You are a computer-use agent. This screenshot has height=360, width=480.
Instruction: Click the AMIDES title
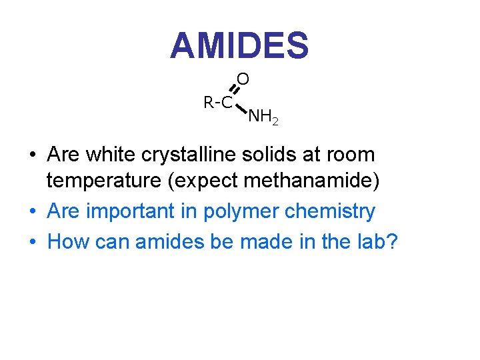point(239,46)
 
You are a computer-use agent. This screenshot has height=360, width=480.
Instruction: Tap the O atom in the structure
point(243,79)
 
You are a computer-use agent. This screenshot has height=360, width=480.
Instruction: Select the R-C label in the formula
point(218,103)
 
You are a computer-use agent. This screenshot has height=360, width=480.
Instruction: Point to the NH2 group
point(263,119)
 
